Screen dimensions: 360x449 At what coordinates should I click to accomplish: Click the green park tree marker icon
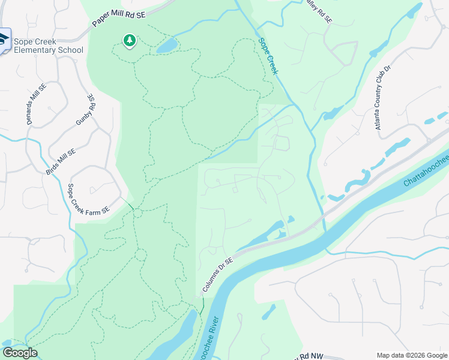(129, 41)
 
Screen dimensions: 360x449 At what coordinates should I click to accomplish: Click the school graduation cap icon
(4, 40)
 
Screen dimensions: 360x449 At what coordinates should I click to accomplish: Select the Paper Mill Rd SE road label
(118, 17)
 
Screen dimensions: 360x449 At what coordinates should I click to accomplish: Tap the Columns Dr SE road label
(218, 274)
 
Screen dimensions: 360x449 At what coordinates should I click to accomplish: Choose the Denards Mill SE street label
(36, 104)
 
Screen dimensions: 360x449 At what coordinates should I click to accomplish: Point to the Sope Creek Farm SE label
(88, 199)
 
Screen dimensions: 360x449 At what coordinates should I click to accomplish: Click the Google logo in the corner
(20, 352)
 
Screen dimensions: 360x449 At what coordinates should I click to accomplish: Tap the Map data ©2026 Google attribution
(412, 355)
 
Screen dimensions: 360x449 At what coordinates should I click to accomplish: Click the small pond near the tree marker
(166, 46)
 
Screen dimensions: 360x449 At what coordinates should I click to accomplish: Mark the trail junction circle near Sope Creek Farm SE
(137, 213)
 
